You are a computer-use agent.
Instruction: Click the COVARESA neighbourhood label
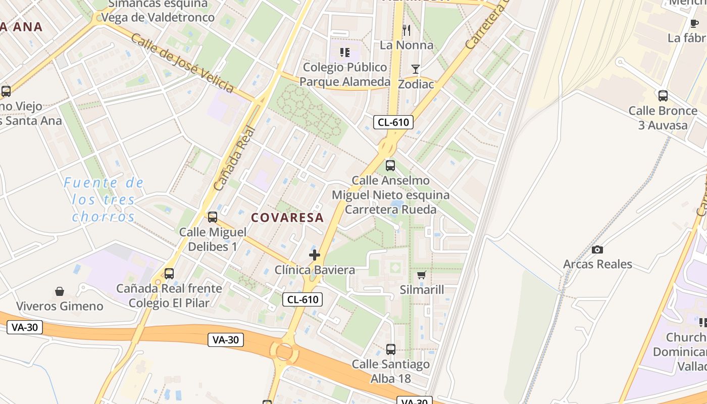(287, 218)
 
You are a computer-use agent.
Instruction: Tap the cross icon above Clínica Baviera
(315, 255)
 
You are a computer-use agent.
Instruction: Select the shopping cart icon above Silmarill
(422, 275)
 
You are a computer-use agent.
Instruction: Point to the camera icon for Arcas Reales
(597, 249)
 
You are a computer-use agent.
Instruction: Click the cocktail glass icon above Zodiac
(416, 69)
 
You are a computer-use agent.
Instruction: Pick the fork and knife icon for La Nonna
(407, 31)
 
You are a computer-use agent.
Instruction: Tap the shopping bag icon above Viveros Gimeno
(60, 291)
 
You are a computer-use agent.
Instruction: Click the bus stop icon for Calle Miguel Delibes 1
(213, 217)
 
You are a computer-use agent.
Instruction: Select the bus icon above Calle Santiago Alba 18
(390, 349)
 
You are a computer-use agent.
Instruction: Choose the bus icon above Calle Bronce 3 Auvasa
(663, 95)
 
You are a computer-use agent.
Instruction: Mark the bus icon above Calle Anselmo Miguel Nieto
(390, 165)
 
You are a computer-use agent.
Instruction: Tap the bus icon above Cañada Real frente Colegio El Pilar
(169, 274)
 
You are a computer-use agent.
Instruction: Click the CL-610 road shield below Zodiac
(393, 122)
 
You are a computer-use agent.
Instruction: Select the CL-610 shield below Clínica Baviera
(302, 299)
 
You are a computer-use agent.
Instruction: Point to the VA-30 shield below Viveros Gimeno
(25, 327)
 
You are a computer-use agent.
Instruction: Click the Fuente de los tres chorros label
(104, 199)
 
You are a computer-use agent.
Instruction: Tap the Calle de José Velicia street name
(182, 63)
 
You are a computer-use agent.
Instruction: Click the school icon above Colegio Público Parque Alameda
(345, 52)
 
